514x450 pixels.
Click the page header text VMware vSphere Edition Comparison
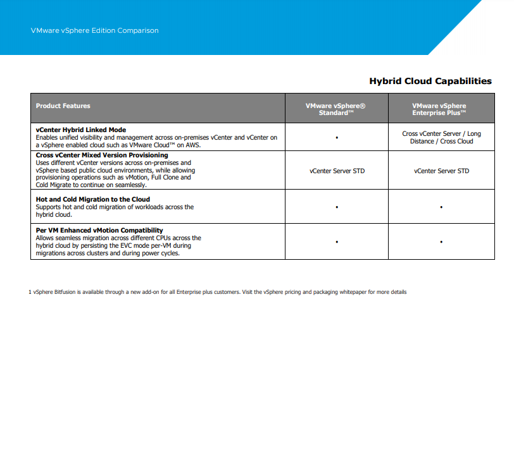point(94,30)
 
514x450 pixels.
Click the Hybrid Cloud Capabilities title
point(430,81)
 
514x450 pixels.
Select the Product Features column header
point(63,106)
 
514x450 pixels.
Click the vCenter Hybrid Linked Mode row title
point(81,130)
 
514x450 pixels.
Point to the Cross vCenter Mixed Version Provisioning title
point(102,155)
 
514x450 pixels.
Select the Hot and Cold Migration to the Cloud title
point(93,199)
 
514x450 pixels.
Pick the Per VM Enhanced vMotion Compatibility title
point(99,230)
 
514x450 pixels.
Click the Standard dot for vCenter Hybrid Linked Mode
point(337,137)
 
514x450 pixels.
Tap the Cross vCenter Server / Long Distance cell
point(441,137)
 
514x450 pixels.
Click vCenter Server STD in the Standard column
point(337,171)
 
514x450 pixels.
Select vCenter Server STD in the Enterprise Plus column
point(441,171)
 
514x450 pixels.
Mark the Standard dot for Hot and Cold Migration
point(337,207)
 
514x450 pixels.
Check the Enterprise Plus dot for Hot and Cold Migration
point(441,207)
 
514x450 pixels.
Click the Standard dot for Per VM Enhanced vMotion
point(337,241)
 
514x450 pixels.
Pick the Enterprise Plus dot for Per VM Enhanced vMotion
point(441,241)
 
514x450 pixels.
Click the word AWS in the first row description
point(192,145)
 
